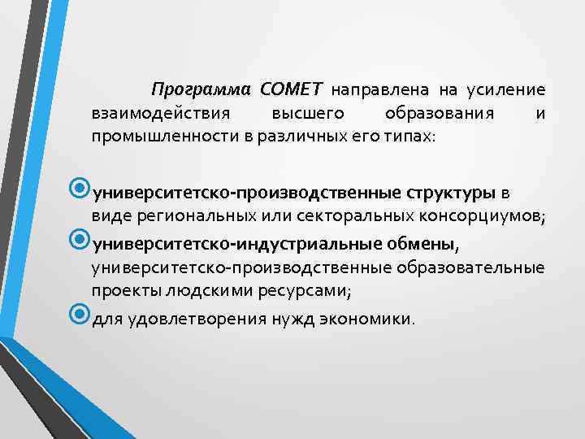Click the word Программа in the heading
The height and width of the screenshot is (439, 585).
tap(201, 89)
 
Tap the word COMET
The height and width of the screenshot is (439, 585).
tap(292, 89)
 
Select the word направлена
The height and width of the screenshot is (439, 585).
tap(371, 89)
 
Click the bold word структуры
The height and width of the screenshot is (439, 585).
tap(448, 193)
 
